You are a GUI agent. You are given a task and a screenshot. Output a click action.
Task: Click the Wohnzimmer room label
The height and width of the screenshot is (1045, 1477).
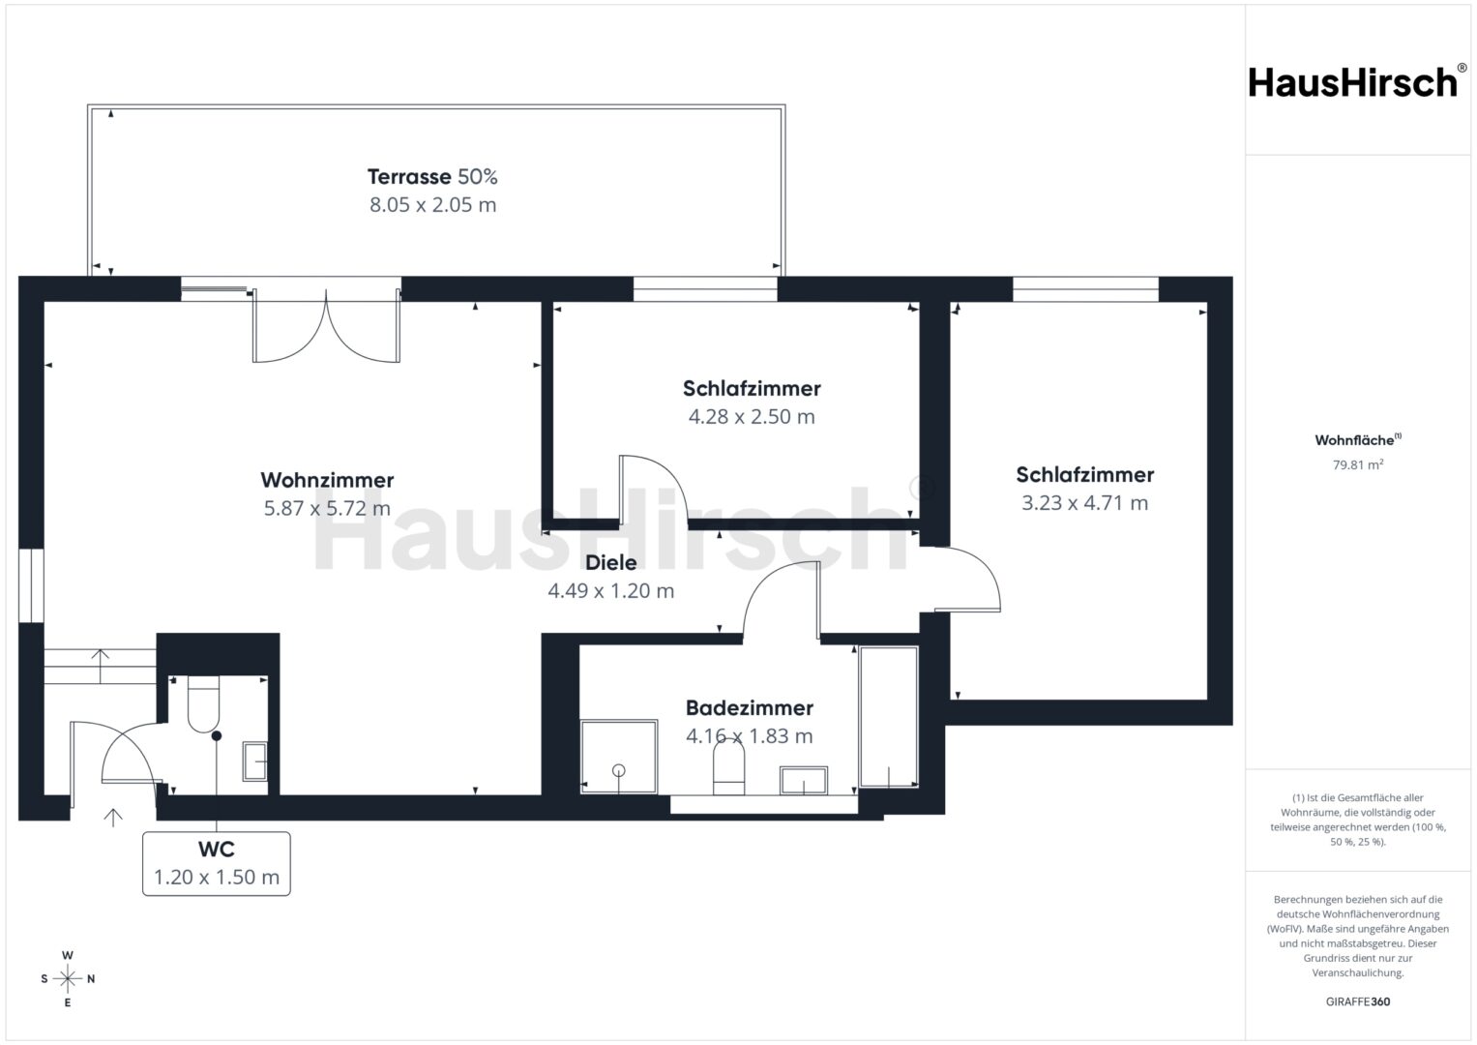tap(327, 480)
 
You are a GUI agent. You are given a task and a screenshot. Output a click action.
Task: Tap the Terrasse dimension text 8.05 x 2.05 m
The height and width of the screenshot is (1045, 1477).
tap(432, 205)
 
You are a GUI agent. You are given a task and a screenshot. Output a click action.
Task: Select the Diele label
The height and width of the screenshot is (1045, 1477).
tap(611, 563)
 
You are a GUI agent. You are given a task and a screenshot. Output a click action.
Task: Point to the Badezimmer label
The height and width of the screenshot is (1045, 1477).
tap(750, 708)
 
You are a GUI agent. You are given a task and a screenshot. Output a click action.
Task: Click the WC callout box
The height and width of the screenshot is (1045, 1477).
tap(217, 863)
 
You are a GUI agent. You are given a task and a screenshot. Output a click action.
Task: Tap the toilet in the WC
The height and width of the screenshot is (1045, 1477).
tap(203, 704)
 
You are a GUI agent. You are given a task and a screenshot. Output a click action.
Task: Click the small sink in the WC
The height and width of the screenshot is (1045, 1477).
tap(255, 761)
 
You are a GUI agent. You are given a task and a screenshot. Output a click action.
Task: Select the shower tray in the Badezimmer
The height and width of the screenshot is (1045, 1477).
tap(619, 756)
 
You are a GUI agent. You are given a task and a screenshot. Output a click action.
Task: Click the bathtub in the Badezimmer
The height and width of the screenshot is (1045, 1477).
tap(889, 717)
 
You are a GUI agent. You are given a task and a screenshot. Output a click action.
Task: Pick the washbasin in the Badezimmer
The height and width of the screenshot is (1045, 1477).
tap(804, 780)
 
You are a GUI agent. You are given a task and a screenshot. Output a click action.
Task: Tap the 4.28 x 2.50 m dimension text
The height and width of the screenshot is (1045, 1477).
tap(752, 417)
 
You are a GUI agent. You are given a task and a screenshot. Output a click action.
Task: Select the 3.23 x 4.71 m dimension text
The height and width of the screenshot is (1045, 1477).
tap(1084, 503)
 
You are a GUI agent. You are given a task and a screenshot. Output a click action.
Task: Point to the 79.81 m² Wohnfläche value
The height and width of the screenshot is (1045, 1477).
tap(1358, 464)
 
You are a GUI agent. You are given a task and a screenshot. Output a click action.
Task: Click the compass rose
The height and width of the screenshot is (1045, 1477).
tap(68, 979)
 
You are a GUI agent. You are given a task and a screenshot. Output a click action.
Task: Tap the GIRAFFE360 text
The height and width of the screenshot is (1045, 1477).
tap(1358, 1001)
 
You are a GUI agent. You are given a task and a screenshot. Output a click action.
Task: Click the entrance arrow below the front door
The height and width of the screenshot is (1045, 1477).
tap(113, 818)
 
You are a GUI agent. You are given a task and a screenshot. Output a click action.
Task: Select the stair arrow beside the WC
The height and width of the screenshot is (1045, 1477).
tap(100, 666)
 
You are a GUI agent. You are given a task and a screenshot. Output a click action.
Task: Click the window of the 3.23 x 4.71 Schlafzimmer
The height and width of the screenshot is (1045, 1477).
tap(1085, 289)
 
